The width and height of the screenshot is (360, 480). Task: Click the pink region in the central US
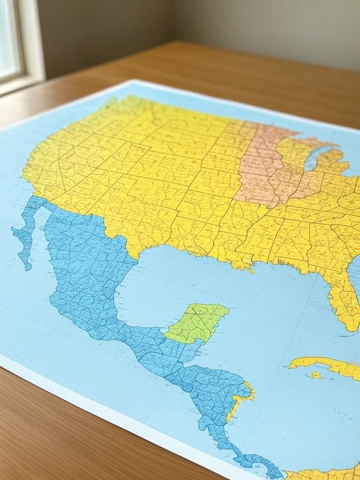point(265,165)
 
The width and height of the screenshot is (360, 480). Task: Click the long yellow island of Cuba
point(325,365)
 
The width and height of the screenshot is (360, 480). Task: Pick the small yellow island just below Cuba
point(316,375)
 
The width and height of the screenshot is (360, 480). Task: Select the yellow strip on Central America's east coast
point(240,400)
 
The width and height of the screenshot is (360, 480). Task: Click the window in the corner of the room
point(10,40)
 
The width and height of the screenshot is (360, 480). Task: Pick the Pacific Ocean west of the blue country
point(30,320)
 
